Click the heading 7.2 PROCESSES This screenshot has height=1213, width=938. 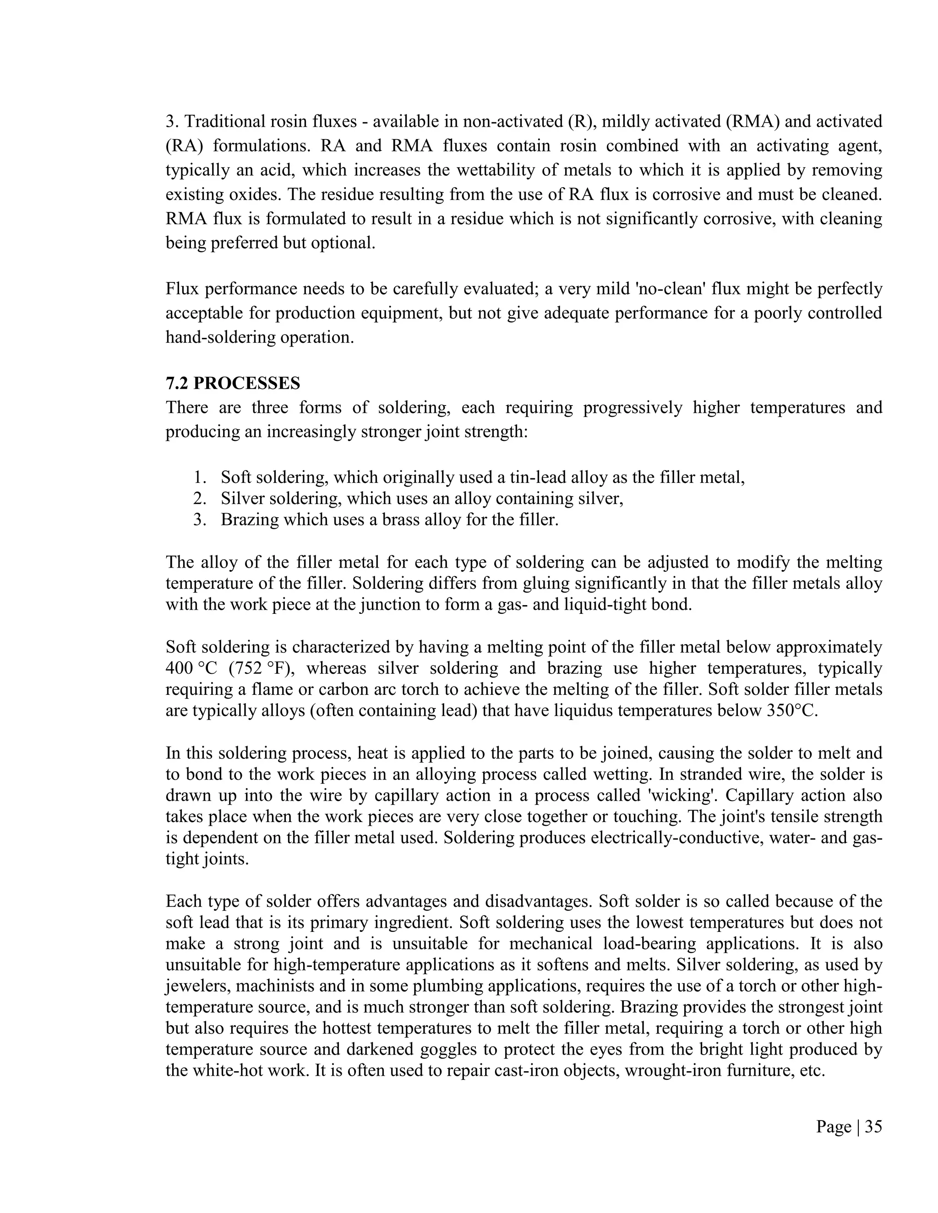click(x=233, y=383)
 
